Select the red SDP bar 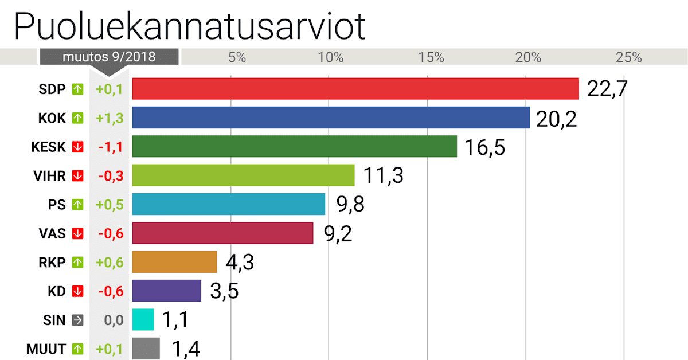point(355,89)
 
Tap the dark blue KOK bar point(331,118)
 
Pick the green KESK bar point(295,146)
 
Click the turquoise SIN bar point(143,320)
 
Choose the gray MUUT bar point(146,349)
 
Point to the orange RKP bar point(175,262)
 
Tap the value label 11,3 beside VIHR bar point(382,175)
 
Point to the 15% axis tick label point(432,57)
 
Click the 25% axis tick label point(628,57)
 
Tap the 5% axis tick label point(237,57)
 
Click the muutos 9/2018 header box point(109,57)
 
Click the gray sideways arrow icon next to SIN point(77,320)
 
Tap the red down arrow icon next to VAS point(77,233)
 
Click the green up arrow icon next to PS point(77,205)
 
